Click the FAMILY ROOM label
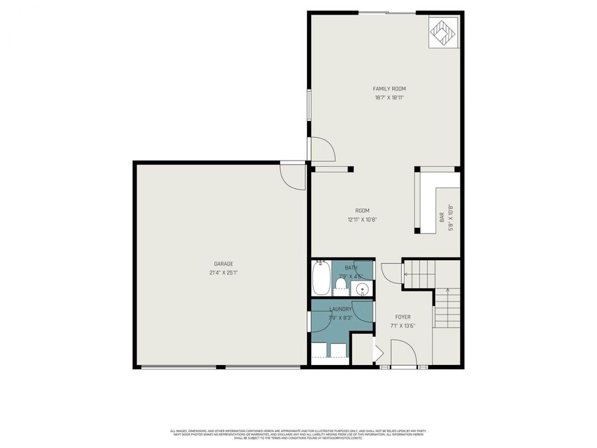(389, 88)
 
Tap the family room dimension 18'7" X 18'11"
(389, 98)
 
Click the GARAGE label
(223, 263)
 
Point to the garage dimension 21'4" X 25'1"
(223, 273)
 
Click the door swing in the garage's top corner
(292, 176)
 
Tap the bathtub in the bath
(320, 279)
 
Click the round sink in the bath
(362, 289)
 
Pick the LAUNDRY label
(341, 309)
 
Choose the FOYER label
(403, 317)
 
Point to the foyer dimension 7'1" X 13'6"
(403, 327)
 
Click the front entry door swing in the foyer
(402, 353)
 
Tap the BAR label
(442, 217)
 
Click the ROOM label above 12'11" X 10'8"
(362, 210)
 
